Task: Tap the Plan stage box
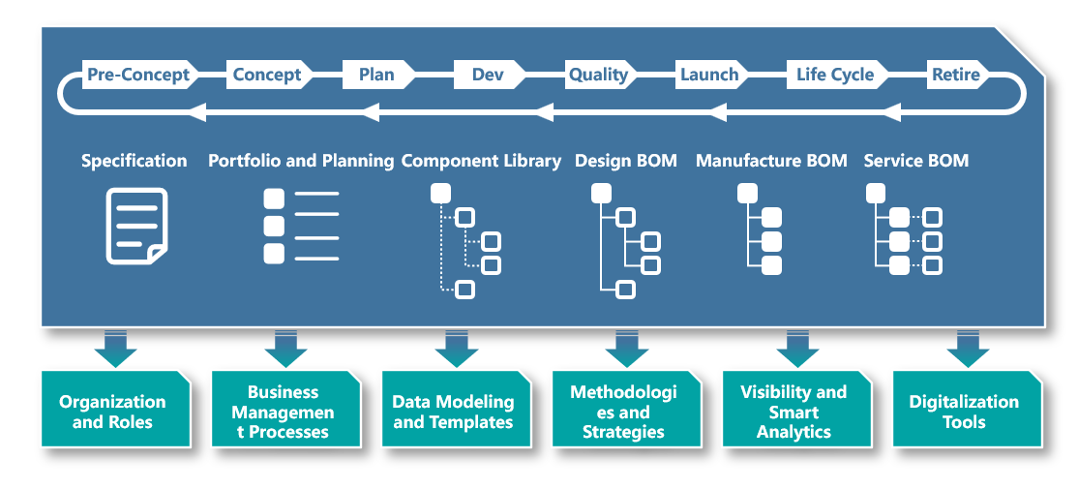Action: pos(378,75)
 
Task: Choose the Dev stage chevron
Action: pos(490,75)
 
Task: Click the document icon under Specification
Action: pos(136,226)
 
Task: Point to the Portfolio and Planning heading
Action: pos(301,161)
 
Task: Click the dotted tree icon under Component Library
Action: pos(465,240)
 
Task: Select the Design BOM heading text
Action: pos(626,161)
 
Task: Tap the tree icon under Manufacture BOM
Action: pos(760,230)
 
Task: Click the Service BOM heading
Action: pos(915,161)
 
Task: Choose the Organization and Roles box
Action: pos(115,410)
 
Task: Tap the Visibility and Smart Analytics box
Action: pos(796,410)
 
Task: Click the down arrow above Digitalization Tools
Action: pos(968,349)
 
